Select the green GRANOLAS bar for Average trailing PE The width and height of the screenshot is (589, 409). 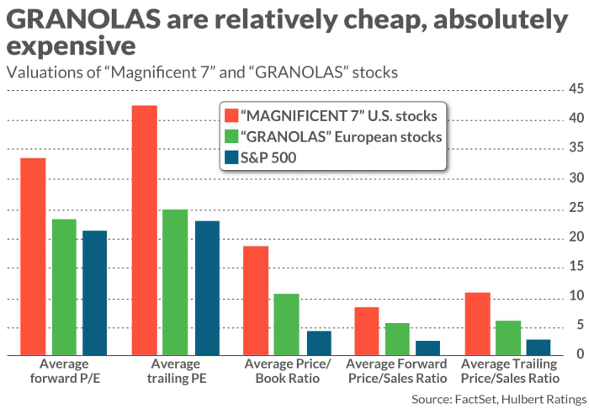coord(175,283)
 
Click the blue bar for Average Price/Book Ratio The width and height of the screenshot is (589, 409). coord(319,343)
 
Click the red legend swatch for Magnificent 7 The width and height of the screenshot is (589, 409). coord(232,114)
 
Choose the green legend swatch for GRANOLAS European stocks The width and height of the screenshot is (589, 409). coord(232,135)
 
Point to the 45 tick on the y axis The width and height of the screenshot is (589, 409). coord(576,89)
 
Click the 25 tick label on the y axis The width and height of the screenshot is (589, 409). coord(576,208)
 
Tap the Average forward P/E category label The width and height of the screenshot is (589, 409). coord(66,371)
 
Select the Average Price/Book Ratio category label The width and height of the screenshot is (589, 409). coord(288,371)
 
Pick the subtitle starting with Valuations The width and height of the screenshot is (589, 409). coord(199,72)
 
